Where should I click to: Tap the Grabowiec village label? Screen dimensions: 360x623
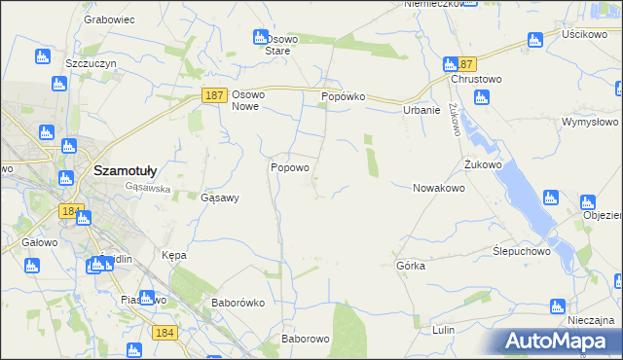pyautogui.click(x=108, y=18)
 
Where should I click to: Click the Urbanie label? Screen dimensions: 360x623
pyautogui.click(x=421, y=111)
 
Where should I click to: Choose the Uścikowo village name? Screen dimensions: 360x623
pyautogui.click(x=584, y=33)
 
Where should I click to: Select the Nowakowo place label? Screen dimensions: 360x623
pyautogui.click(x=438, y=188)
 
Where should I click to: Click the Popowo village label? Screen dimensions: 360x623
pyautogui.click(x=289, y=167)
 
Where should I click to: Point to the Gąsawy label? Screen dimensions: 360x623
pyautogui.click(x=219, y=198)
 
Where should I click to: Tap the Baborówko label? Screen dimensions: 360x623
pyautogui.click(x=238, y=303)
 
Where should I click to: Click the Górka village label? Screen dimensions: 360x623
pyautogui.click(x=411, y=265)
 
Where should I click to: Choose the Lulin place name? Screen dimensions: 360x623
pyautogui.click(x=444, y=330)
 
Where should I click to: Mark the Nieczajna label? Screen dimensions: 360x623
pyautogui.click(x=591, y=320)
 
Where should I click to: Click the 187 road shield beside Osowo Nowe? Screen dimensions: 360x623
pyautogui.click(x=215, y=94)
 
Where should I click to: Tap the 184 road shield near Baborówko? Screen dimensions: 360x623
pyautogui.click(x=164, y=333)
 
